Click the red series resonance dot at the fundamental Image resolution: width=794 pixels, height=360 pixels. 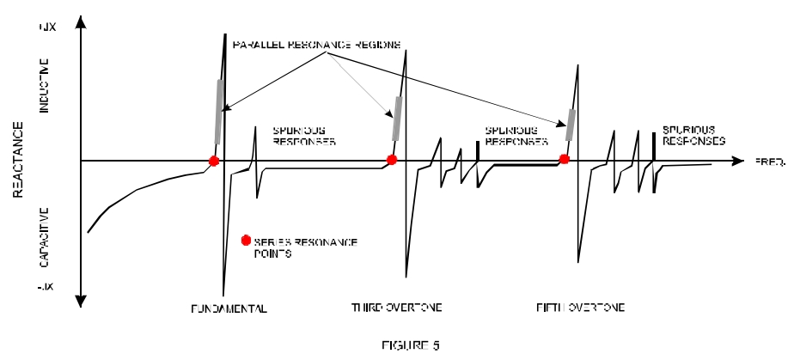point(214,161)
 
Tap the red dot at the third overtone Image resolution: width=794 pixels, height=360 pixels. point(392,160)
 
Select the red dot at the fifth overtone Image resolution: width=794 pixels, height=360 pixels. point(565,159)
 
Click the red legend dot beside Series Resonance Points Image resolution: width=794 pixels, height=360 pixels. point(247,240)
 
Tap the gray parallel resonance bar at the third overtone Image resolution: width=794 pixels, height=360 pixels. point(397,118)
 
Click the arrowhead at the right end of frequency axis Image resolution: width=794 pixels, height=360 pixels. point(738,161)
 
